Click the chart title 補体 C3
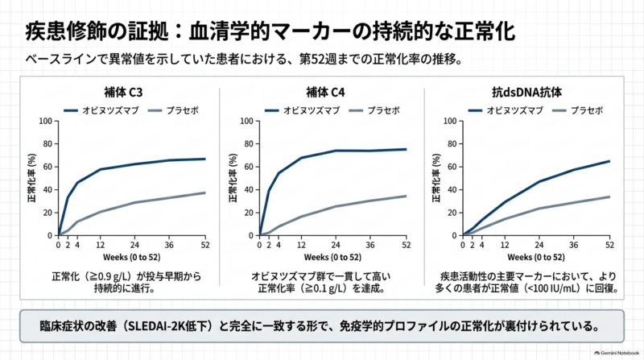point(123,92)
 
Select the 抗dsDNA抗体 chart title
point(526,92)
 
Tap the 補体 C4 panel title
point(325,92)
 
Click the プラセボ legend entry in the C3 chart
point(173,110)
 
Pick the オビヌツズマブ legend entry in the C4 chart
point(302,110)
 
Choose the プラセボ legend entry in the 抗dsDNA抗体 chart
point(577,110)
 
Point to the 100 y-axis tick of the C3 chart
point(46,121)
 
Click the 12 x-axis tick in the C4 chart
point(301,245)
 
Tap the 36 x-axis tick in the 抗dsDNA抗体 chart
point(573,245)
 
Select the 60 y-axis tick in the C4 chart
point(249,167)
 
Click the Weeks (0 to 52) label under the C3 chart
point(131,257)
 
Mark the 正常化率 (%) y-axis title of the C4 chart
point(233,178)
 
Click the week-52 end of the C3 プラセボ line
point(205,192)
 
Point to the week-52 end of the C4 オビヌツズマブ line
point(407,150)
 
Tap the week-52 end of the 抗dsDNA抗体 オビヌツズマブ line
point(609,161)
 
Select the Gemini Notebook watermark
point(617,353)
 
